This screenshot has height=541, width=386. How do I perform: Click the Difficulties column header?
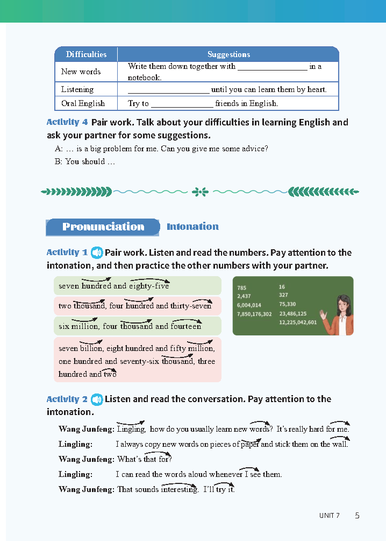click(86, 54)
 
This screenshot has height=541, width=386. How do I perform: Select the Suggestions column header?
click(228, 54)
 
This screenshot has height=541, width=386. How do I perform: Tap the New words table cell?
click(81, 72)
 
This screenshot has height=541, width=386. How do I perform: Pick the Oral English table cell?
click(83, 103)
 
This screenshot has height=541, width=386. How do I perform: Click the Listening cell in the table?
click(77, 89)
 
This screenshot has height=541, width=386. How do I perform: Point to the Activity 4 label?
click(67, 122)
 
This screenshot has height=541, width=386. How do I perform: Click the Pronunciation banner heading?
click(103, 227)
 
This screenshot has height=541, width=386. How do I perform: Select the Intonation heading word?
click(192, 227)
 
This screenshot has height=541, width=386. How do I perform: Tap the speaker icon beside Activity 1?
click(97, 252)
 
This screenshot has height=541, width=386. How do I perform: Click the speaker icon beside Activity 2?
click(97, 399)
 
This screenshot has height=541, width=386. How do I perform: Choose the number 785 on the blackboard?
click(242, 287)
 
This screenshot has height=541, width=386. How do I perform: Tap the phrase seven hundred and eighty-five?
click(113, 286)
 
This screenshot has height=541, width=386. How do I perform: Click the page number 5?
click(357, 515)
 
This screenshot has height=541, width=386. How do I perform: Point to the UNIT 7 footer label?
click(330, 516)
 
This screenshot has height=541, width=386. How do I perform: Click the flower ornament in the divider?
click(200, 191)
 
